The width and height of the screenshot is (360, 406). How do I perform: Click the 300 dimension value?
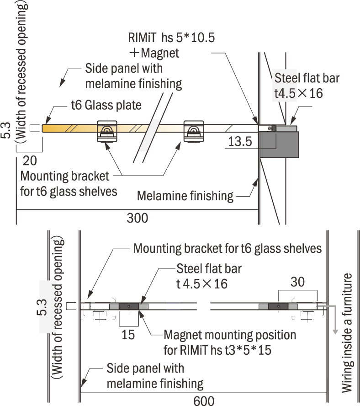(x=138, y=218)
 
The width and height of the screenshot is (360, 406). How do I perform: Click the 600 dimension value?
(x=204, y=401)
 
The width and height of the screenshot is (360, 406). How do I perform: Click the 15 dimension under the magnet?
(x=129, y=335)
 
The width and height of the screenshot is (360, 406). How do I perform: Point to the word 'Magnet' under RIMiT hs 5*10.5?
(x=160, y=53)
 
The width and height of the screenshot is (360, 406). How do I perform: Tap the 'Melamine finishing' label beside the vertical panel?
(x=185, y=196)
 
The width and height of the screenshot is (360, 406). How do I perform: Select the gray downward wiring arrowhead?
(x=336, y=329)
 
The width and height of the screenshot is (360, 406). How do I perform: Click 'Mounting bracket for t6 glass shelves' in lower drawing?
(x=228, y=249)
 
